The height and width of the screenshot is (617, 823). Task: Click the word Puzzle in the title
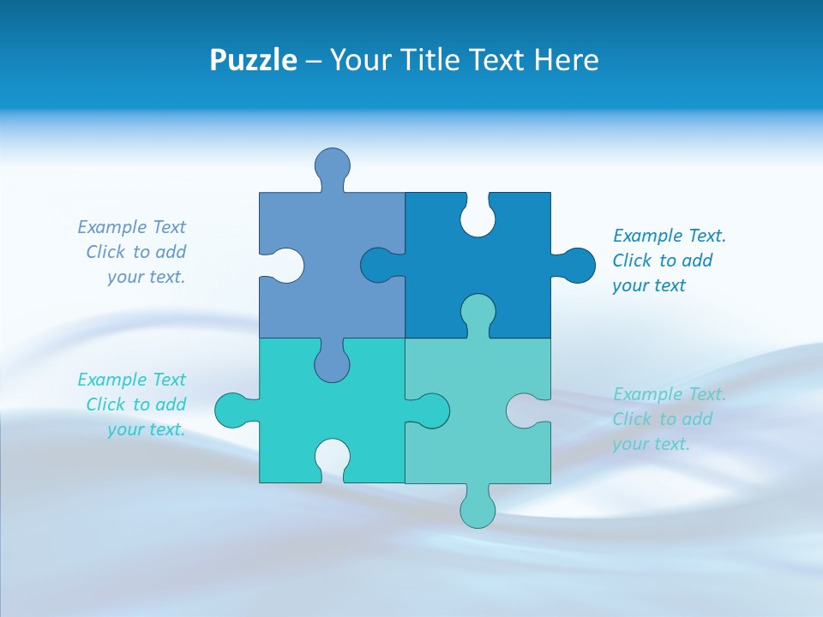(x=254, y=61)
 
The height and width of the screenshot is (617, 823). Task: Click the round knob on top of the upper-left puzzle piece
(x=332, y=165)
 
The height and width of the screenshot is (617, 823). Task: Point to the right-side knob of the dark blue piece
(x=577, y=266)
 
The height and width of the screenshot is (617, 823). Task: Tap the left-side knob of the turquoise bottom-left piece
(x=232, y=410)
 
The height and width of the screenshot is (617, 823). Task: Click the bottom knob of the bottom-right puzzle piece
(x=478, y=509)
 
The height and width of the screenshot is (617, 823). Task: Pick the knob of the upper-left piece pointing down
(x=332, y=363)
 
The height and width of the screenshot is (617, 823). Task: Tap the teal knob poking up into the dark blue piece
(x=478, y=312)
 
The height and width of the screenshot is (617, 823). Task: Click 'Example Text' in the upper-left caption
(x=131, y=227)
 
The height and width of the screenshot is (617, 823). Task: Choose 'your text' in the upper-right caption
(x=649, y=285)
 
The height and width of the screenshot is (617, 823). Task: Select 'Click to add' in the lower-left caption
(x=135, y=404)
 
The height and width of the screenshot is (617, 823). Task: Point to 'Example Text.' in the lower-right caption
(x=670, y=394)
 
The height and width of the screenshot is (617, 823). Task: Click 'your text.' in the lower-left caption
(x=146, y=429)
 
